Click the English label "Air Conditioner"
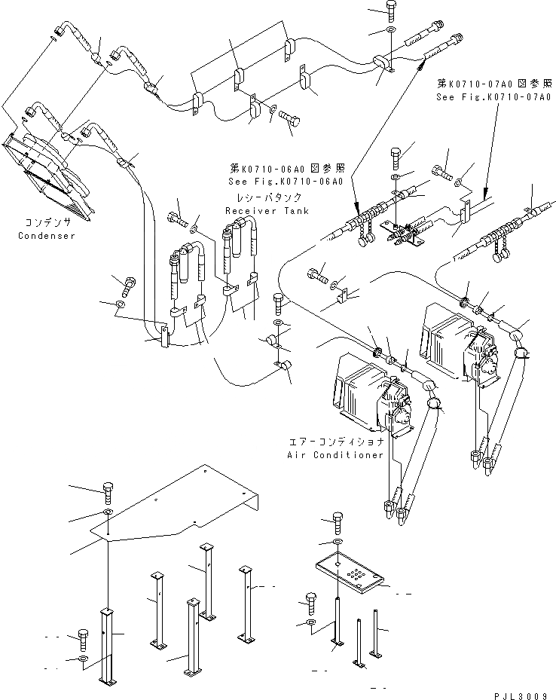click(335, 455)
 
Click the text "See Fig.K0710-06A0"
click(286, 182)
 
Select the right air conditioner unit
click(455, 343)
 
